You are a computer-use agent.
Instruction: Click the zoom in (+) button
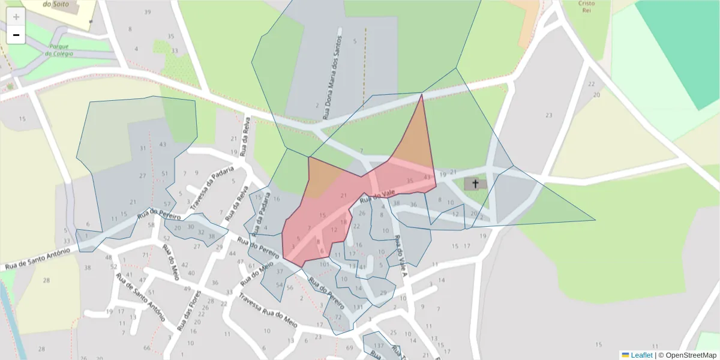[x=16, y=17]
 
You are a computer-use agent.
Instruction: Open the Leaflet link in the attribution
[x=641, y=355]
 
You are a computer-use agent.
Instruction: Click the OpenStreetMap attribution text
[x=687, y=355]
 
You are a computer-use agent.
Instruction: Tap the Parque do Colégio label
[x=59, y=50]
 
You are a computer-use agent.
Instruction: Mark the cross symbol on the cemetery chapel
[x=476, y=184]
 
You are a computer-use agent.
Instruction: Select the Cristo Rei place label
[x=587, y=7]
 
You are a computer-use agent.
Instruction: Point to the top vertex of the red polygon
[x=422, y=94]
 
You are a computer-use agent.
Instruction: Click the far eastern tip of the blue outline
[x=595, y=220]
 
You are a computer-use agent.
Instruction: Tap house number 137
[x=379, y=346]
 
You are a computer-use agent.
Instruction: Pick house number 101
[x=325, y=264]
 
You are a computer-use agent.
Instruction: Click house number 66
[x=147, y=348]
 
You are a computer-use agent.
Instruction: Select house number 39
[x=148, y=13]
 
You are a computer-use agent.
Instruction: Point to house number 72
[x=338, y=317]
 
